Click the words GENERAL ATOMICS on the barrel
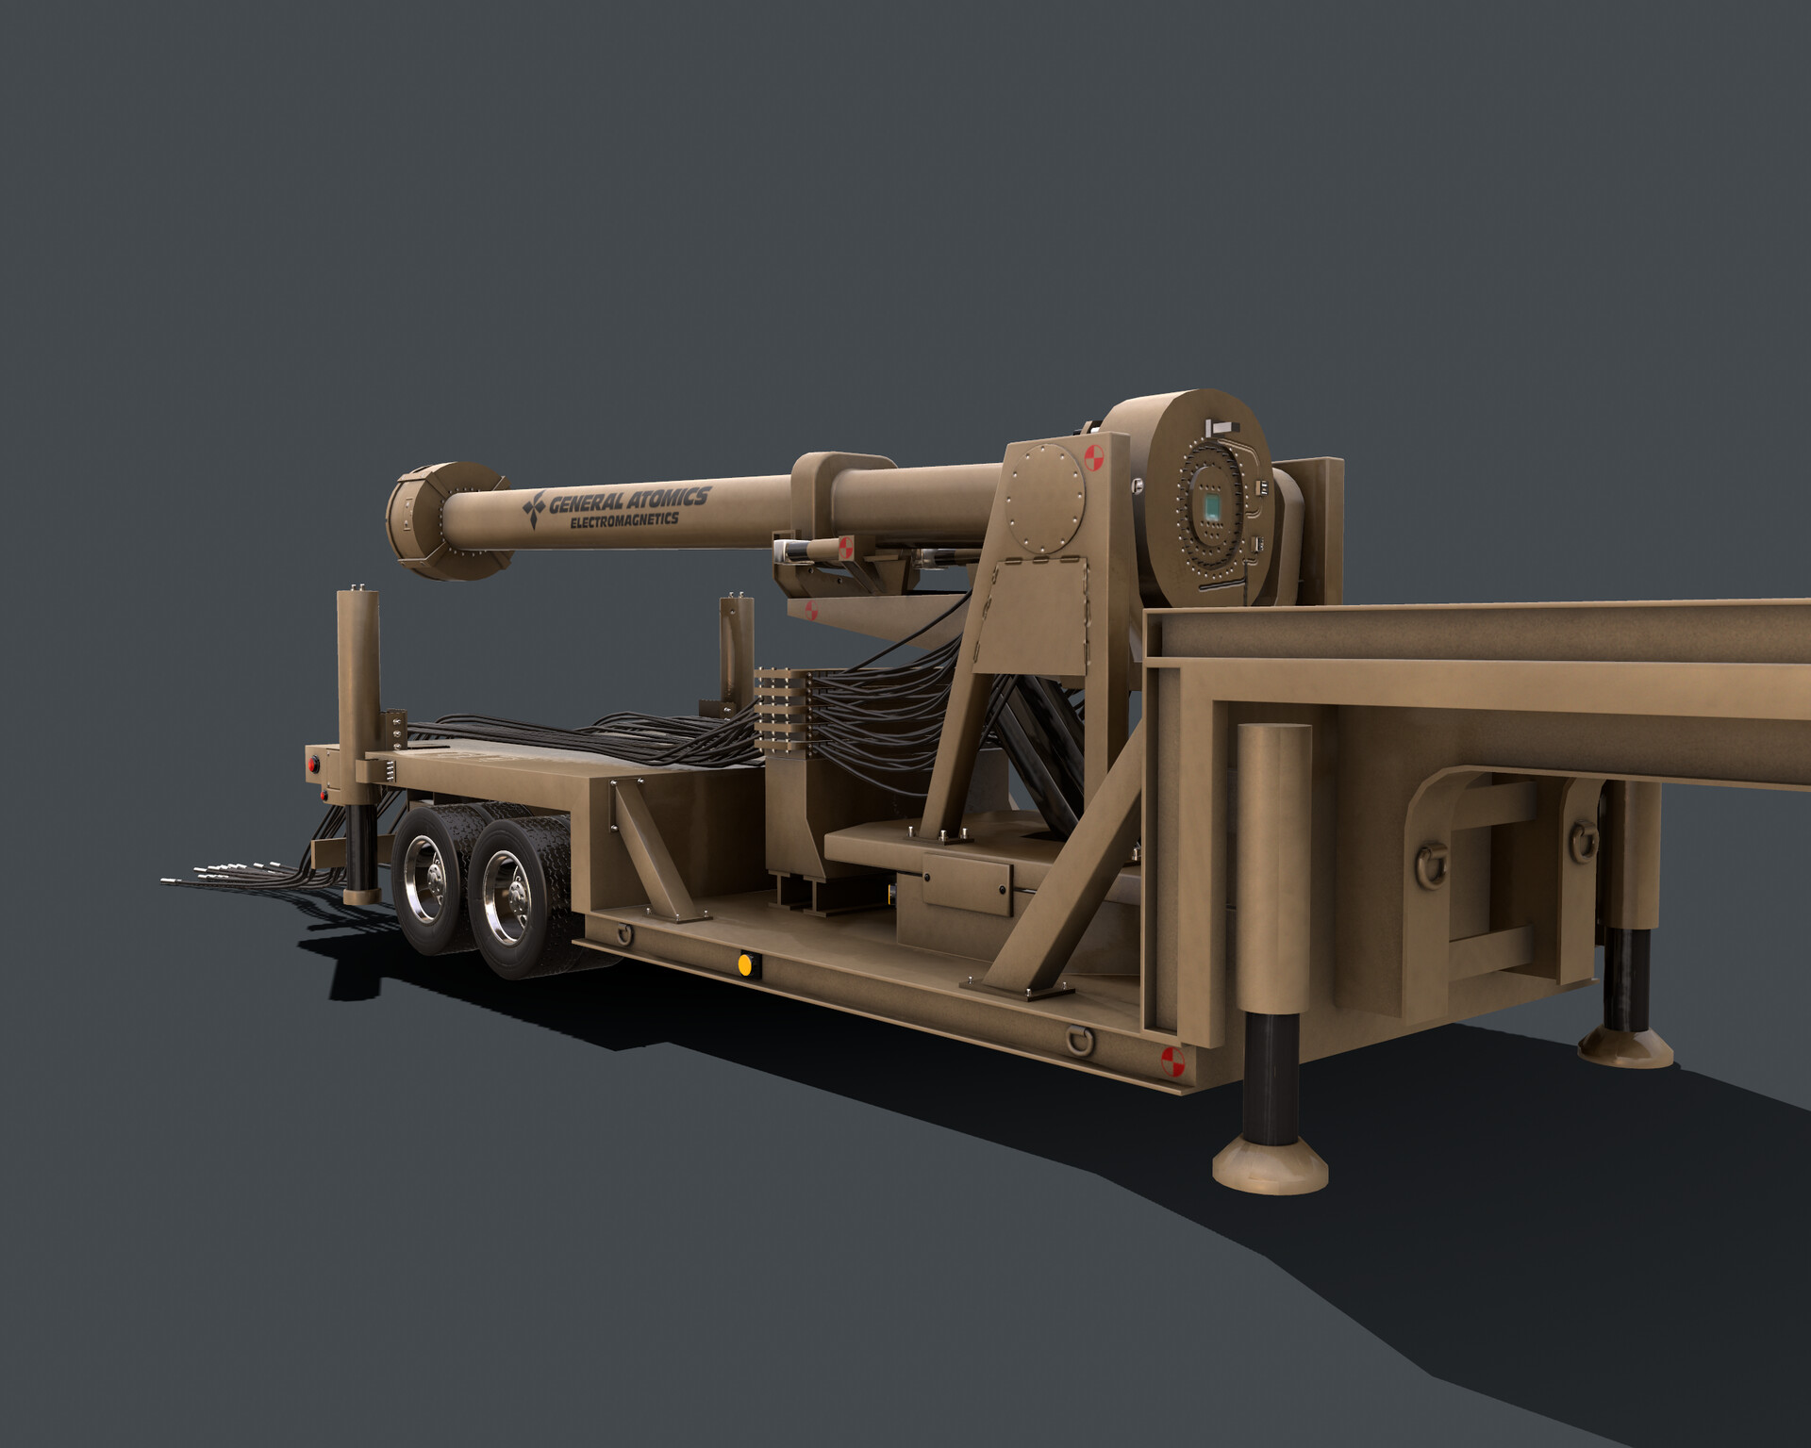pos(630,500)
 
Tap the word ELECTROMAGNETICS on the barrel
pos(624,520)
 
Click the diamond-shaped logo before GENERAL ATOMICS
pos(535,507)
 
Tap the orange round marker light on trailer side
pos(745,964)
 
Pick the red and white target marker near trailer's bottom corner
pos(1171,1061)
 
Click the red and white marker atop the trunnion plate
pos(1094,458)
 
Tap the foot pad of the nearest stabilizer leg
pos(1270,1167)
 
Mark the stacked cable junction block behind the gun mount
pos(783,710)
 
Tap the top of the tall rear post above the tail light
pos(357,594)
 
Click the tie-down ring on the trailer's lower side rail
pos(1082,1040)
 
